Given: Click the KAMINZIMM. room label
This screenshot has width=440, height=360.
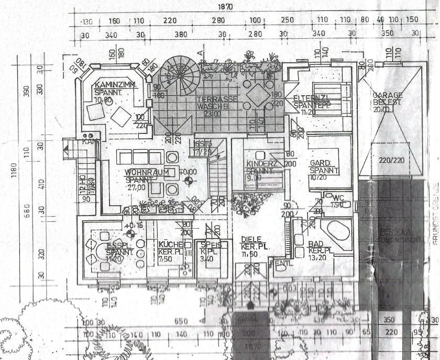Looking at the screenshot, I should coord(116,85).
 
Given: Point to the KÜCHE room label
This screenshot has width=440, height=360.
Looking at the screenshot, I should coord(171,244).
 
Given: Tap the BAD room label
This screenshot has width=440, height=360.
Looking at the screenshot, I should coord(315,244).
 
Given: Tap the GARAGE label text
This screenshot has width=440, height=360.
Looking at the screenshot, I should coord(388,96).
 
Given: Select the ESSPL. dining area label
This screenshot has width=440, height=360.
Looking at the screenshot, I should coord(116,244).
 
